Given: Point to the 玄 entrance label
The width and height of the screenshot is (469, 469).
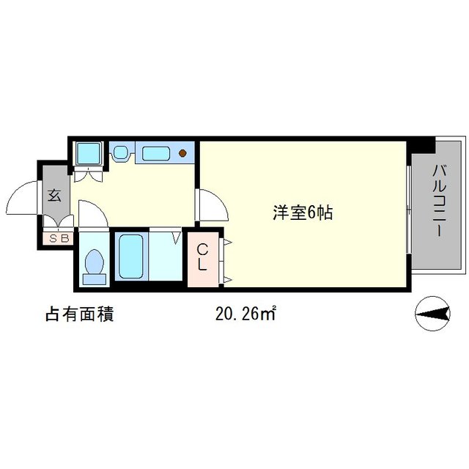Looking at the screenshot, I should (x=55, y=196).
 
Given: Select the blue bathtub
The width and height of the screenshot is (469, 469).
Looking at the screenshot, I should (x=130, y=256).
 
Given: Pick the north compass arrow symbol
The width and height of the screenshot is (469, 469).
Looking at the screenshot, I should (x=432, y=314).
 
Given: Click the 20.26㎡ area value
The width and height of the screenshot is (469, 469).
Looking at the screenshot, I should (x=245, y=314).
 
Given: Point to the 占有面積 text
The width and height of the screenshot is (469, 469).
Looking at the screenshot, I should (x=78, y=314).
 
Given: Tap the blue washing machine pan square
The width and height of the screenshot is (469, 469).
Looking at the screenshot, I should (x=89, y=153).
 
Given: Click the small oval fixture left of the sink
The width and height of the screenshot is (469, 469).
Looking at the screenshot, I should (x=120, y=153).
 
